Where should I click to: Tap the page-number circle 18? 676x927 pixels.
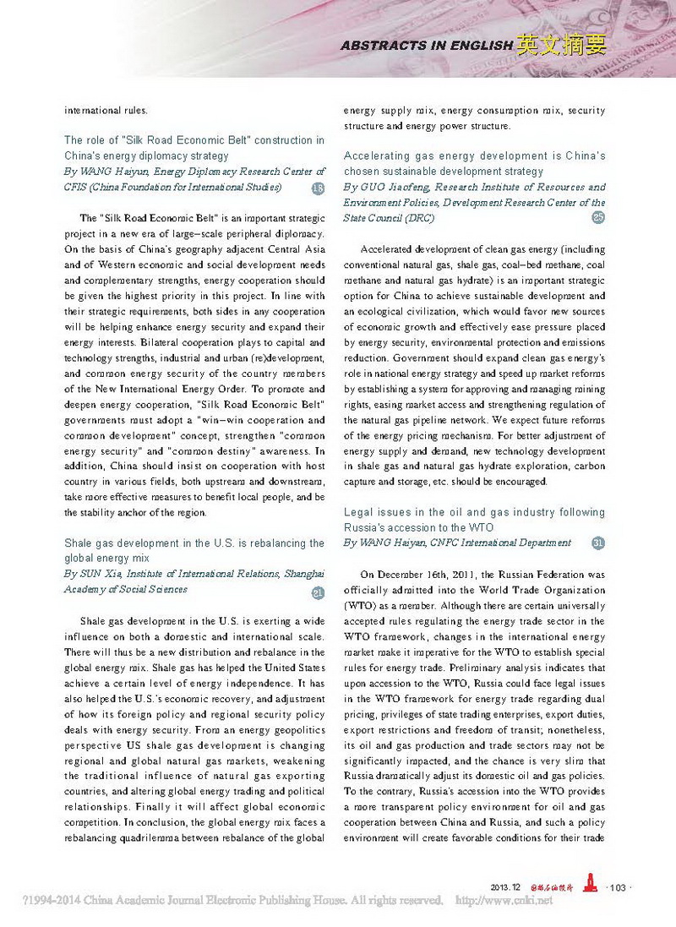pyautogui.click(x=318, y=188)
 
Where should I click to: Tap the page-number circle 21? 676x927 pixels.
pyautogui.click(x=318, y=593)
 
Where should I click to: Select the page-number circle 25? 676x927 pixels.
pyautogui.click(x=599, y=218)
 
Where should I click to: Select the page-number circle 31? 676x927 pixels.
pyautogui.click(x=599, y=543)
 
